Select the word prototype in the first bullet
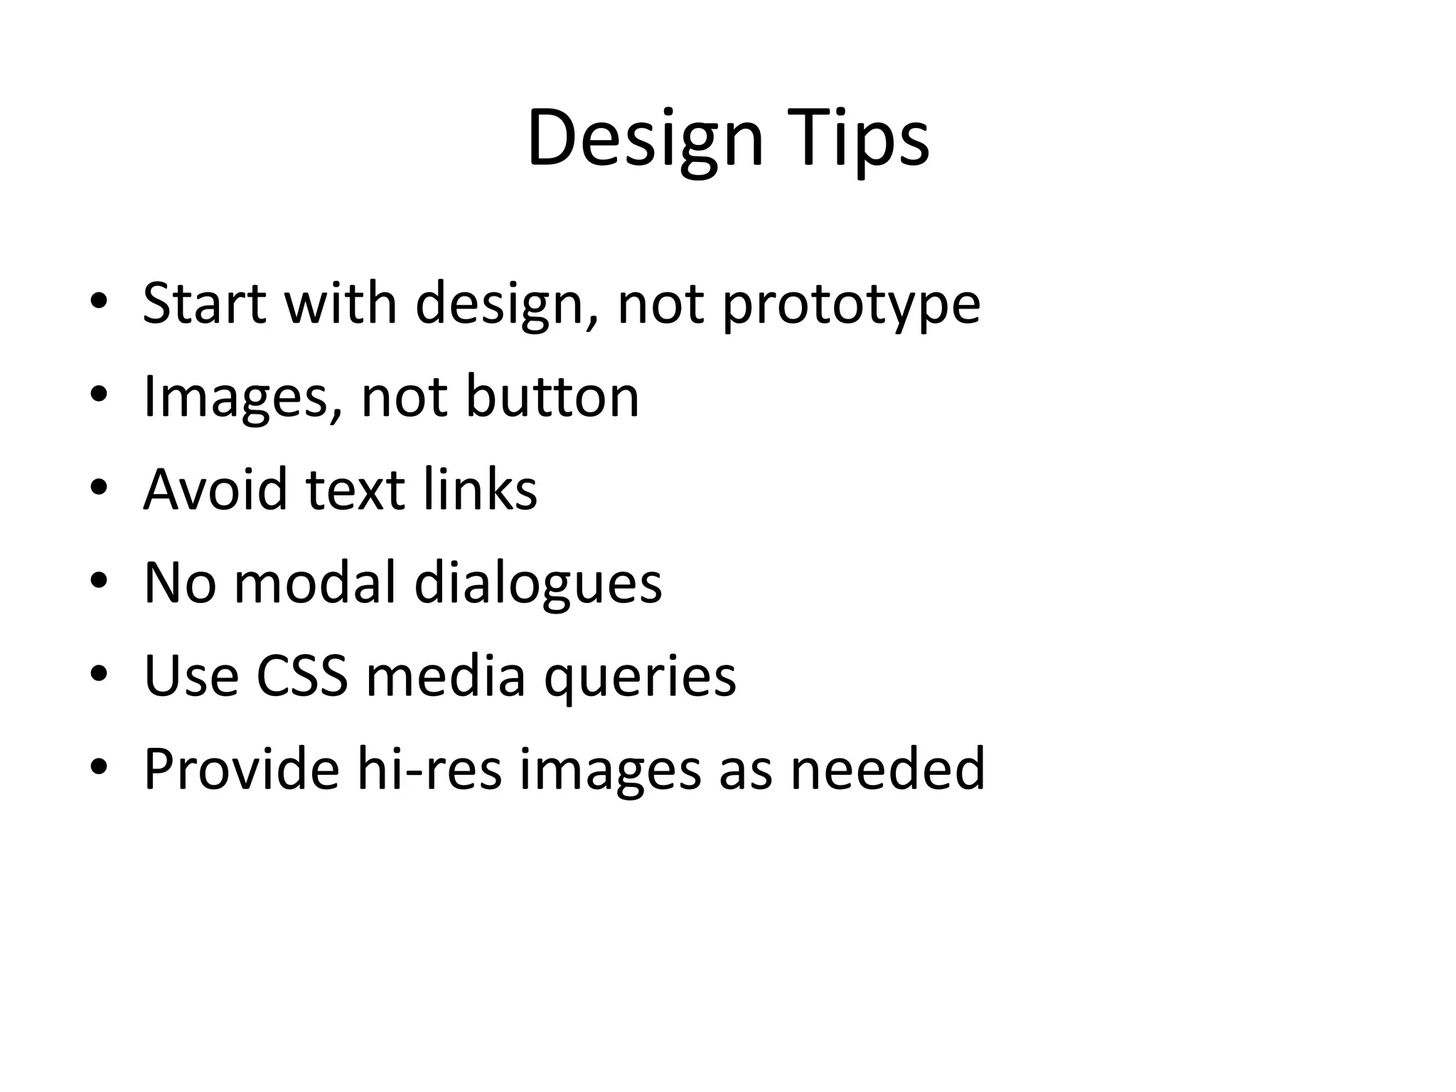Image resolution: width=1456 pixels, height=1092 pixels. [x=851, y=304]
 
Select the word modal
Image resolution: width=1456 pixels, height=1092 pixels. [x=314, y=582]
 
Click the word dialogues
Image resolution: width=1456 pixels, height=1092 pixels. [x=537, y=584]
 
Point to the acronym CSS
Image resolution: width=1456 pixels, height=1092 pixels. [x=302, y=675]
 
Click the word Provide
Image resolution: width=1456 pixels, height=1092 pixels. [x=241, y=769]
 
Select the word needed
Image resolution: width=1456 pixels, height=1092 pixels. [x=887, y=769]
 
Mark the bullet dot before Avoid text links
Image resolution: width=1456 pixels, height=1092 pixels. [x=99, y=488]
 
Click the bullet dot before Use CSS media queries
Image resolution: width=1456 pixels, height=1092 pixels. [x=99, y=674]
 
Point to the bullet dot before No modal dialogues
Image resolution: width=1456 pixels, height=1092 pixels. [x=99, y=582]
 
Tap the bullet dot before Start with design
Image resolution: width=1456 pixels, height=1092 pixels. [x=99, y=301]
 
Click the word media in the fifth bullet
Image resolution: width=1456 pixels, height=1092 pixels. [x=446, y=675]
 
